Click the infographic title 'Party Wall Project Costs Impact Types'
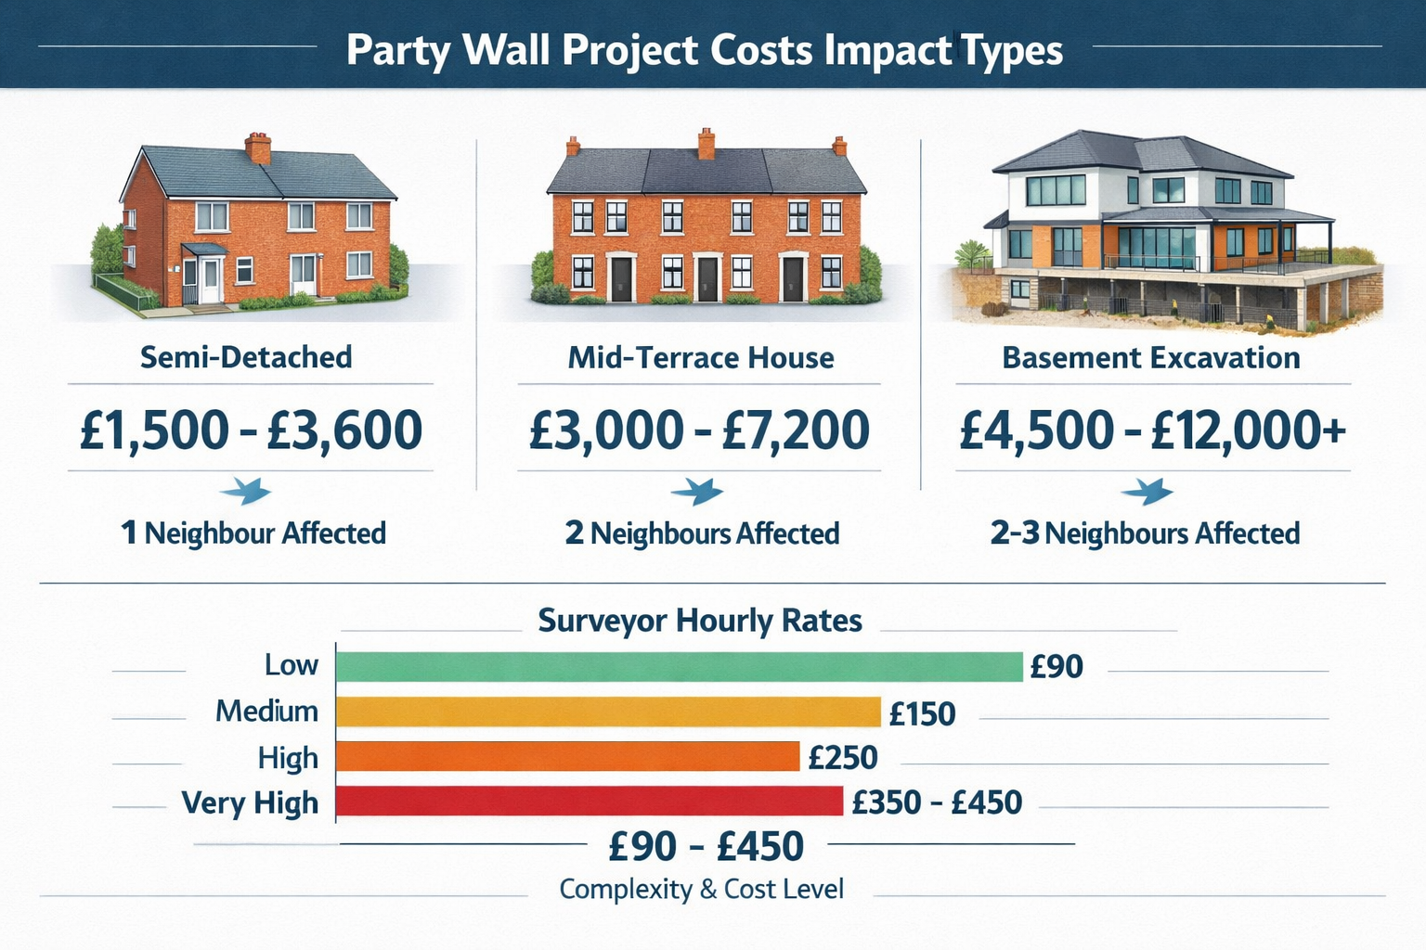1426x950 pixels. pyautogui.click(x=704, y=50)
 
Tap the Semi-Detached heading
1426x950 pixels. pyautogui.click(x=246, y=357)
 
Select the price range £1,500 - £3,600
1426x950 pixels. pyautogui.click(x=251, y=430)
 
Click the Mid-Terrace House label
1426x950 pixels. pyautogui.click(x=701, y=357)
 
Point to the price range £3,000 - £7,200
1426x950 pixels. pyautogui.click(x=699, y=430)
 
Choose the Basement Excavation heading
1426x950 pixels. pyautogui.click(x=1150, y=357)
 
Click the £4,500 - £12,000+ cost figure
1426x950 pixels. pyautogui.click(x=1152, y=430)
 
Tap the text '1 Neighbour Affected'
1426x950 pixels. pyautogui.click(x=253, y=533)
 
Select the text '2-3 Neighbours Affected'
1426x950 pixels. pyautogui.click(x=1145, y=533)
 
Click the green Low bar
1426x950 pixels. pyautogui.click(x=679, y=667)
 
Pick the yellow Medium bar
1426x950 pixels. pyautogui.click(x=607, y=712)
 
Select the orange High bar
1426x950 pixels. pyautogui.click(x=567, y=757)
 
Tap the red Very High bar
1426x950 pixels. pyautogui.click(x=589, y=802)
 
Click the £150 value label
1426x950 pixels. pyautogui.click(x=922, y=713)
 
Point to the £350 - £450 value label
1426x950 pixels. pyautogui.click(x=937, y=802)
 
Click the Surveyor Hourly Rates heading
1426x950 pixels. pyautogui.click(x=700, y=620)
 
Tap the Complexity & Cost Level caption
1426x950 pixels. pyautogui.click(x=701, y=889)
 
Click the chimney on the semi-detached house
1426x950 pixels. pyautogui.click(x=258, y=148)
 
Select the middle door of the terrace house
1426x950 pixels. pyautogui.click(x=707, y=277)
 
